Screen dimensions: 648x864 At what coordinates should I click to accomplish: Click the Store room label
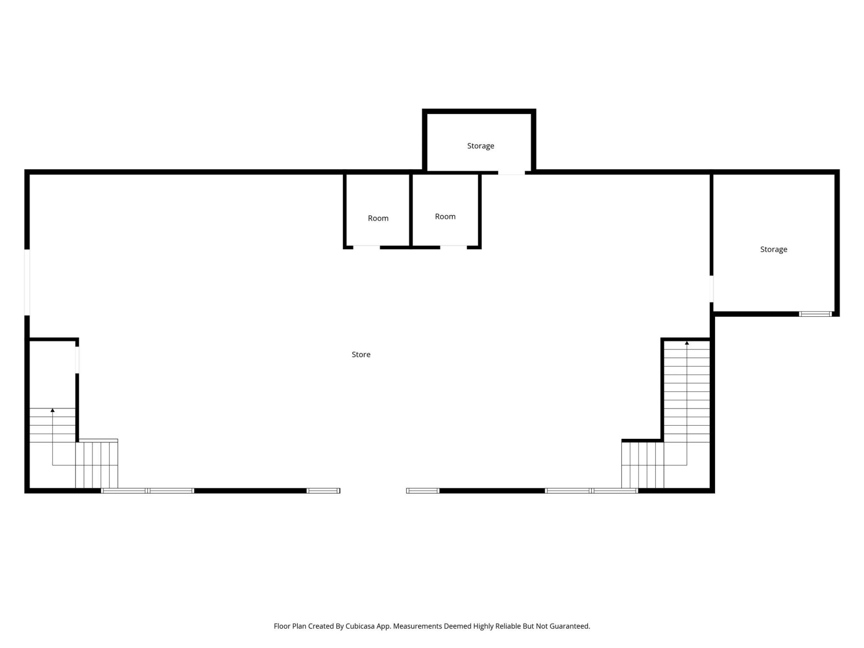point(361,355)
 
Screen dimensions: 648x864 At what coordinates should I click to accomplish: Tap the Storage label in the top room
point(481,146)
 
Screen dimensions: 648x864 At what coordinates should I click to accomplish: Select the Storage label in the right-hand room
point(774,249)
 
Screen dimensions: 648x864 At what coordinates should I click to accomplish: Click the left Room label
point(378,218)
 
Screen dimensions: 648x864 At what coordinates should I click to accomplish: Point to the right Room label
point(445,216)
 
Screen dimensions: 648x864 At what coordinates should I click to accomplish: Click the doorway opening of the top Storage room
point(511,172)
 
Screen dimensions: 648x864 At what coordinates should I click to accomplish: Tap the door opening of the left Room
point(366,247)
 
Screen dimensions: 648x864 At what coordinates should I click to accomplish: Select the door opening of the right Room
point(453,247)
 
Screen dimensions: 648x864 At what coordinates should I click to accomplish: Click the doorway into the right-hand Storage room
point(711,288)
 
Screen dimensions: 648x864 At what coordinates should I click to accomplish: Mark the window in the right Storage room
point(815,314)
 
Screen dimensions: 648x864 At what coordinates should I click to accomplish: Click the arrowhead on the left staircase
point(53,410)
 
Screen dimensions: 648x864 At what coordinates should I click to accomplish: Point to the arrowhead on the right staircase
point(687,343)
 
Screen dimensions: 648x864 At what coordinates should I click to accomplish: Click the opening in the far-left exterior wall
point(27,282)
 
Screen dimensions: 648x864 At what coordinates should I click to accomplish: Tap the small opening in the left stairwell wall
point(77,360)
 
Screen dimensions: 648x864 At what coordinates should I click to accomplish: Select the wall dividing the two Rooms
point(411,210)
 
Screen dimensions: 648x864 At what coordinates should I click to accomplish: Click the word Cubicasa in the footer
point(360,626)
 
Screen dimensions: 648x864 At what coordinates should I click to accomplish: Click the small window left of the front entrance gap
point(323,490)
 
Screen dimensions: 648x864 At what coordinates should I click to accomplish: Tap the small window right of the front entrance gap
point(423,490)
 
